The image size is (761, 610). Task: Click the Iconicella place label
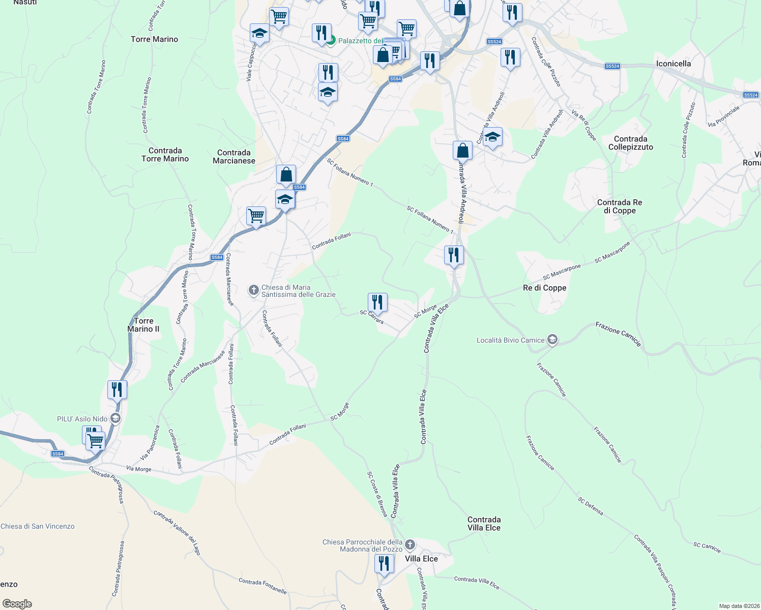tap(673, 64)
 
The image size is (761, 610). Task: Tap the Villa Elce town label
tap(421, 559)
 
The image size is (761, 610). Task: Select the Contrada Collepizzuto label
tap(630, 143)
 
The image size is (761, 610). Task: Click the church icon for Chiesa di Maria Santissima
tap(253, 290)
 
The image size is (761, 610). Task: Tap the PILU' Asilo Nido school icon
tap(115, 418)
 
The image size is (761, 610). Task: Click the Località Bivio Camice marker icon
tap(552, 340)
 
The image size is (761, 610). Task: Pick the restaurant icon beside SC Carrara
tap(377, 302)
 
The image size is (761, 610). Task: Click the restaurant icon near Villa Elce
tap(384, 564)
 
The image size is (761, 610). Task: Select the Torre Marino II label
tap(143, 325)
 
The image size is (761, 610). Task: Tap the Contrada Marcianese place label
tap(234, 157)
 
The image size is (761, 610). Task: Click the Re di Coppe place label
tap(544, 288)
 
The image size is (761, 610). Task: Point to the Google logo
tap(17, 604)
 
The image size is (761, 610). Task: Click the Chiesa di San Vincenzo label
tap(38, 526)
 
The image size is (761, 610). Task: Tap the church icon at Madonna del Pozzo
tap(410, 545)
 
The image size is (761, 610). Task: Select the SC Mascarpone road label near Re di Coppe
tap(562, 272)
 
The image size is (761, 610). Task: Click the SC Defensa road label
tap(590, 506)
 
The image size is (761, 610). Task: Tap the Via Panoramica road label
tap(150, 443)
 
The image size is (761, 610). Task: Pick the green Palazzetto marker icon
tap(331, 40)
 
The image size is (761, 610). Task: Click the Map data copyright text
tap(739, 606)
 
